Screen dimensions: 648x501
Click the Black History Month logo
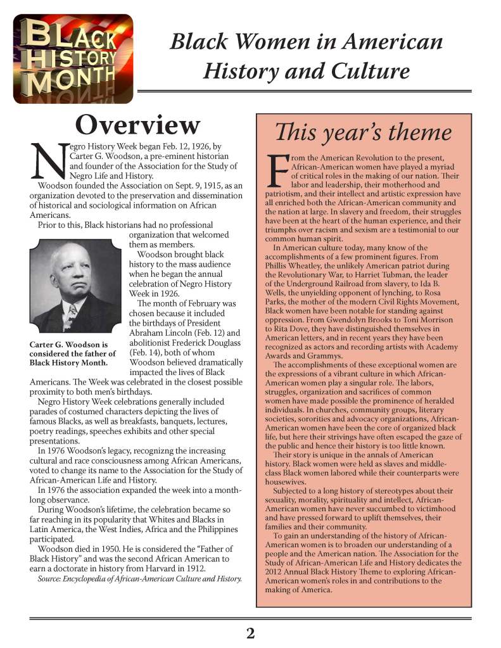coord(73,58)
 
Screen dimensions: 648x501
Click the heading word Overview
coord(137,125)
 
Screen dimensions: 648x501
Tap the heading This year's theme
coord(363,132)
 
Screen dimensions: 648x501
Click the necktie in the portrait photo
coord(72,313)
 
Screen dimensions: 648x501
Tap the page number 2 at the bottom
coord(250,633)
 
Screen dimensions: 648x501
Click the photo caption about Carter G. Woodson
coord(73,353)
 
